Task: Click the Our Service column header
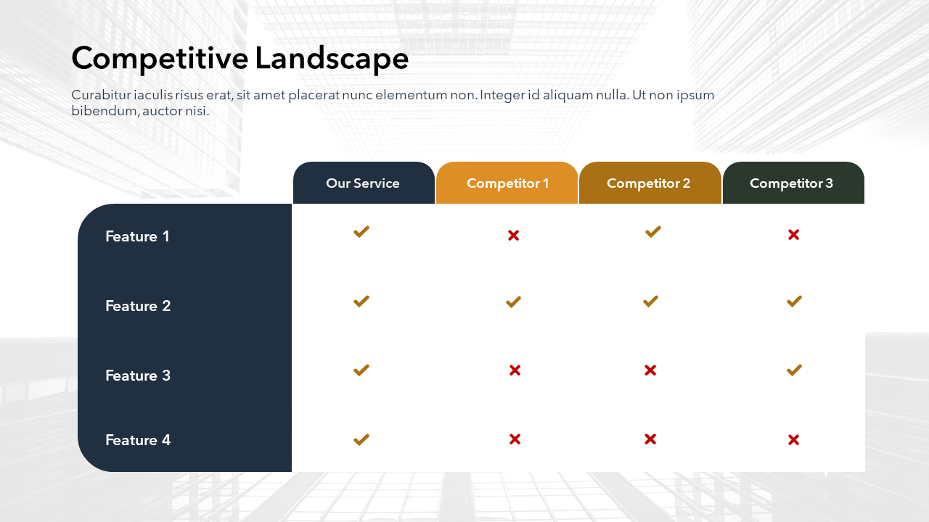(x=364, y=183)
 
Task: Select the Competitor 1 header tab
(x=507, y=183)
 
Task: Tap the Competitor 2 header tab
(x=650, y=183)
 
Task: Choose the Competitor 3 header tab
(x=793, y=183)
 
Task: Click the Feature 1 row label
(x=137, y=236)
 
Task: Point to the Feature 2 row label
(x=138, y=306)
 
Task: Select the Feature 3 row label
(x=138, y=376)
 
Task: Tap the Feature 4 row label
(x=138, y=440)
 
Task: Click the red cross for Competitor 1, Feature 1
(x=513, y=236)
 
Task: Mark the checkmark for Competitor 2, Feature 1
(x=653, y=231)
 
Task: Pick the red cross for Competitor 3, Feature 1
(x=794, y=235)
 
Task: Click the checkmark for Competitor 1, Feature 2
(x=513, y=302)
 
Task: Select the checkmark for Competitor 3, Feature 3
(x=794, y=370)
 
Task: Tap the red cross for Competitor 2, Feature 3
(x=650, y=370)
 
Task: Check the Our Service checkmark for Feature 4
(x=361, y=439)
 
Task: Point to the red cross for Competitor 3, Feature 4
(x=794, y=440)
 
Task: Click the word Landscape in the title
(x=332, y=59)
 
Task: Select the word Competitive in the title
(x=160, y=58)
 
